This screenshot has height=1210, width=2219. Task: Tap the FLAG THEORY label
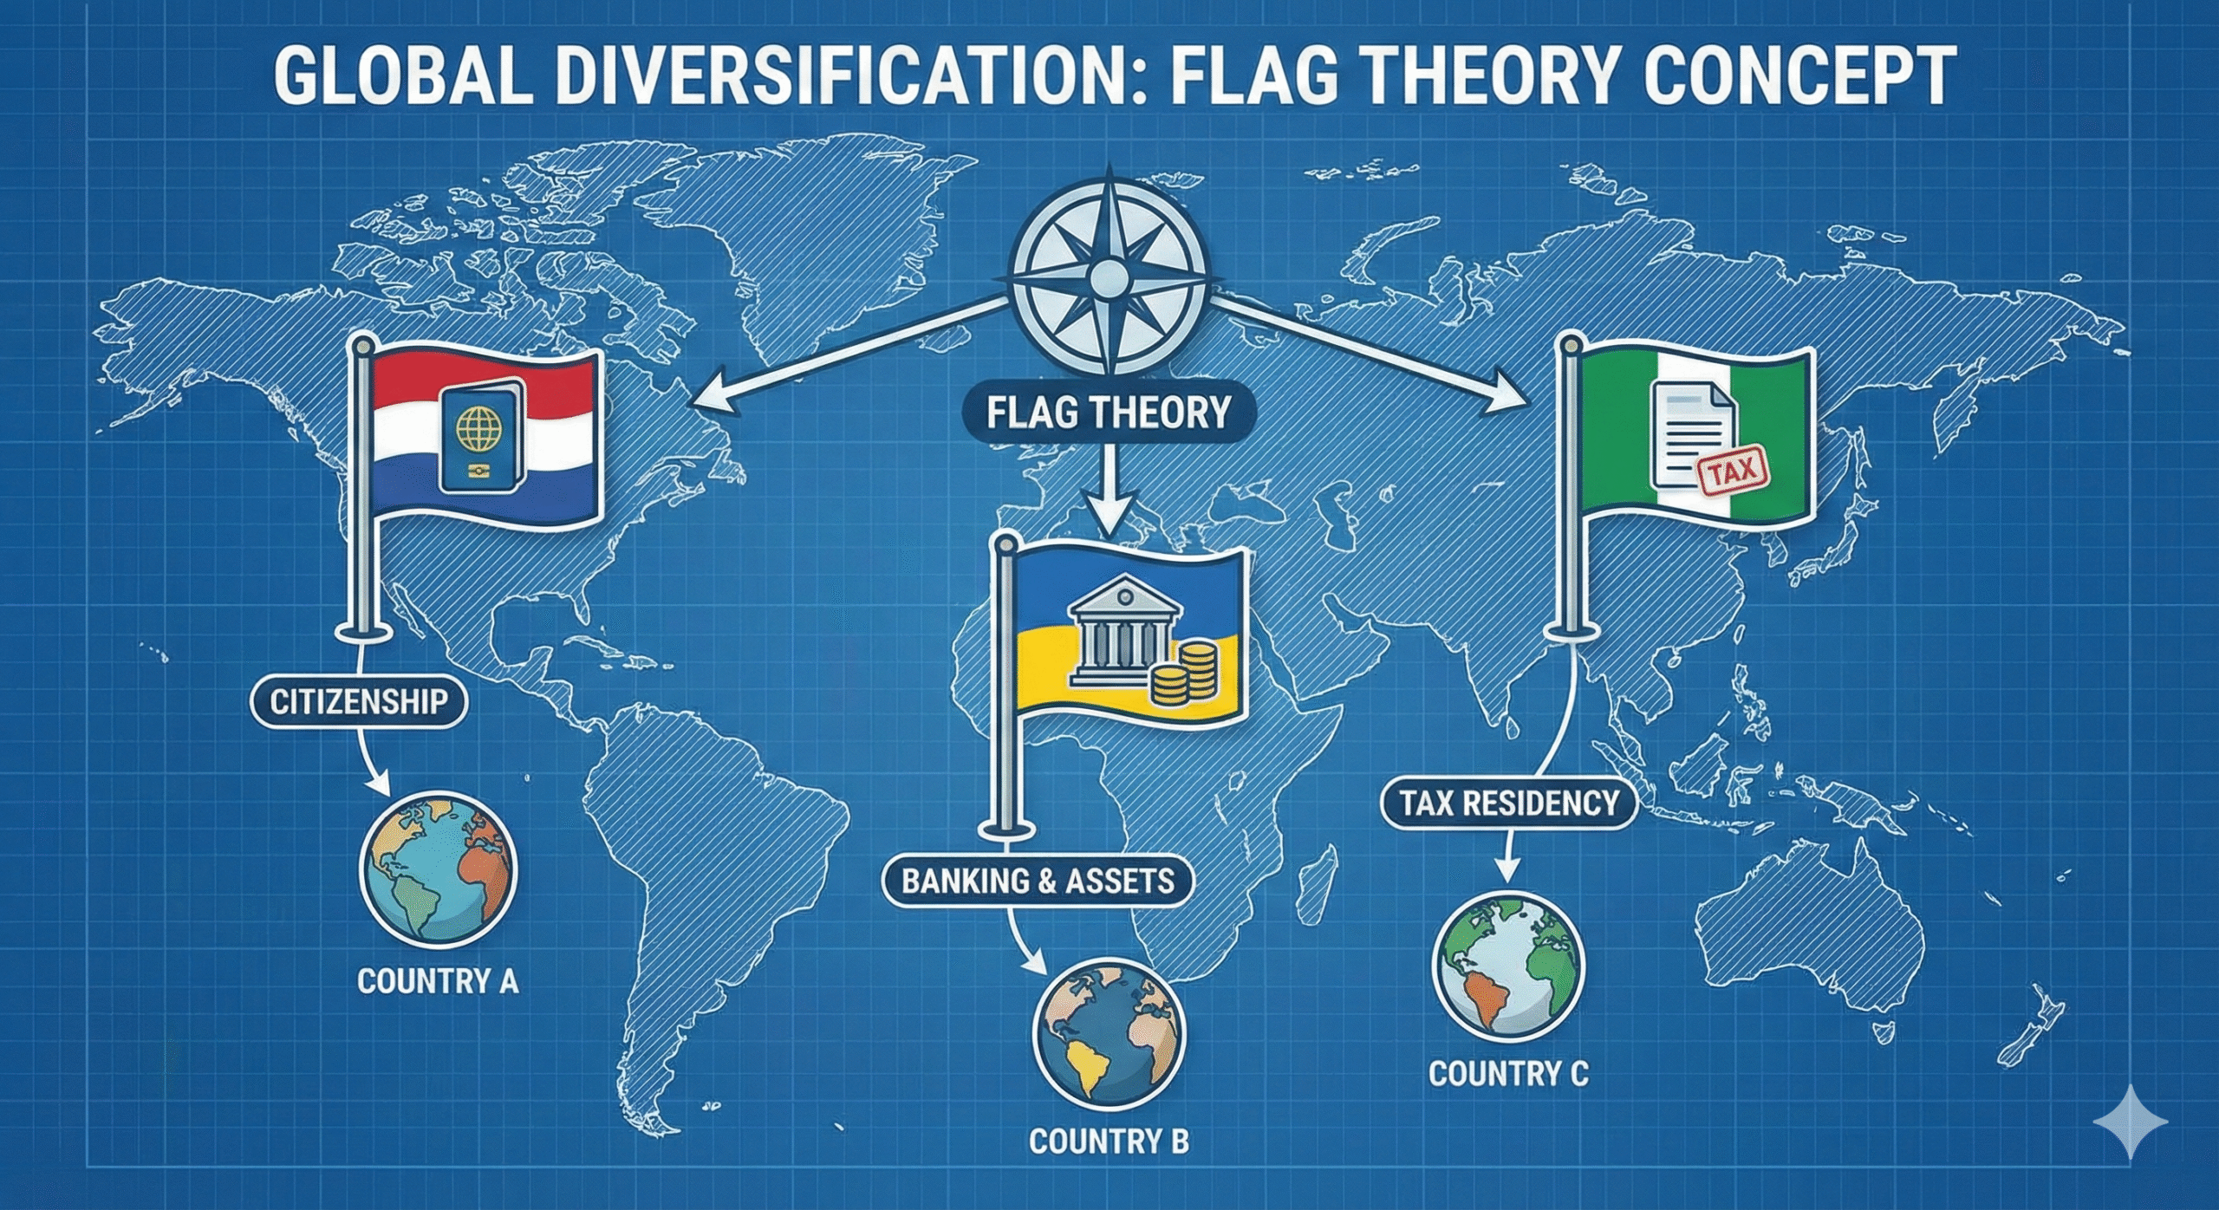pos(1109,413)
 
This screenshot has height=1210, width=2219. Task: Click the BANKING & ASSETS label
pos(1038,881)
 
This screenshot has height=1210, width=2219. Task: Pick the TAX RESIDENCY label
pos(1509,803)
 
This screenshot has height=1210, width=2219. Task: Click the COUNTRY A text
pos(438,981)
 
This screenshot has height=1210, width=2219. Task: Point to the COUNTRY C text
pos(1508,1074)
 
